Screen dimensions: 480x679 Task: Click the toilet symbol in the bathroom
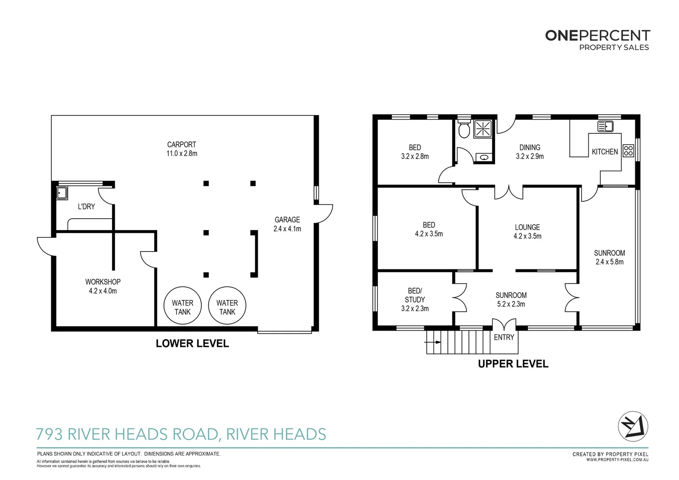click(x=464, y=129)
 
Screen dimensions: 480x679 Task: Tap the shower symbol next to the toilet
click(x=483, y=129)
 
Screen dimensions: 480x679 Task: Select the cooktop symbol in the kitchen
click(x=628, y=150)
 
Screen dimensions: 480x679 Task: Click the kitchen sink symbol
click(x=605, y=127)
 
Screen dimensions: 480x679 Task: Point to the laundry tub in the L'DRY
click(x=62, y=193)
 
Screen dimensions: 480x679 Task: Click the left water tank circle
click(x=183, y=305)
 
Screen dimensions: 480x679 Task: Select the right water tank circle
click(x=227, y=305)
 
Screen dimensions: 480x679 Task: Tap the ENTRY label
click(x=504, y=337)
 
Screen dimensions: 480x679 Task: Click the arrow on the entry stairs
click(x=433, y=342)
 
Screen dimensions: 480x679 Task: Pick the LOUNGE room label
click(x=527, y=227)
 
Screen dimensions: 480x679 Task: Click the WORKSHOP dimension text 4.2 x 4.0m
click(x=103, y=291)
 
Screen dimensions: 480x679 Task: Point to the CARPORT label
click(x=181, y=144)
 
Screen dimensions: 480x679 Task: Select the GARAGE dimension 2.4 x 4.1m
click(x=287, y=229)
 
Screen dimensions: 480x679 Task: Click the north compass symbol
click(x=633, y=426)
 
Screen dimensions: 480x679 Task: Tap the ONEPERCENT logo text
click(x=597, y=36)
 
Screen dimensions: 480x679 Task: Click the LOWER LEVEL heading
click(x=192, y=344)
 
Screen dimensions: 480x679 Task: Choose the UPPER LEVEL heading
click(x=513, y=364)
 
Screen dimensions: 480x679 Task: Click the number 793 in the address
click(x=49, y=434)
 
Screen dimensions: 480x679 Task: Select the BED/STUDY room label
click(x=415, y=295)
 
